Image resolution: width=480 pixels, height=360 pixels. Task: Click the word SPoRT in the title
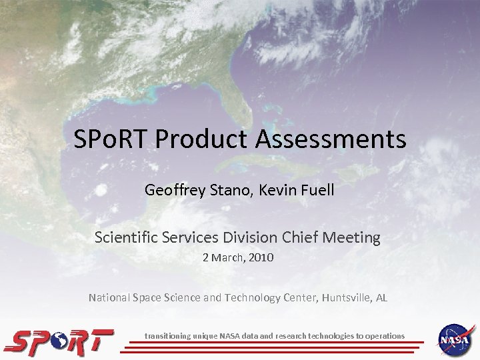click(111, 141)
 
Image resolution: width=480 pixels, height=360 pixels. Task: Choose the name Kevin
click(279, 190)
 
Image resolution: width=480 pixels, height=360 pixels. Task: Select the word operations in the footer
click(383, 336)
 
